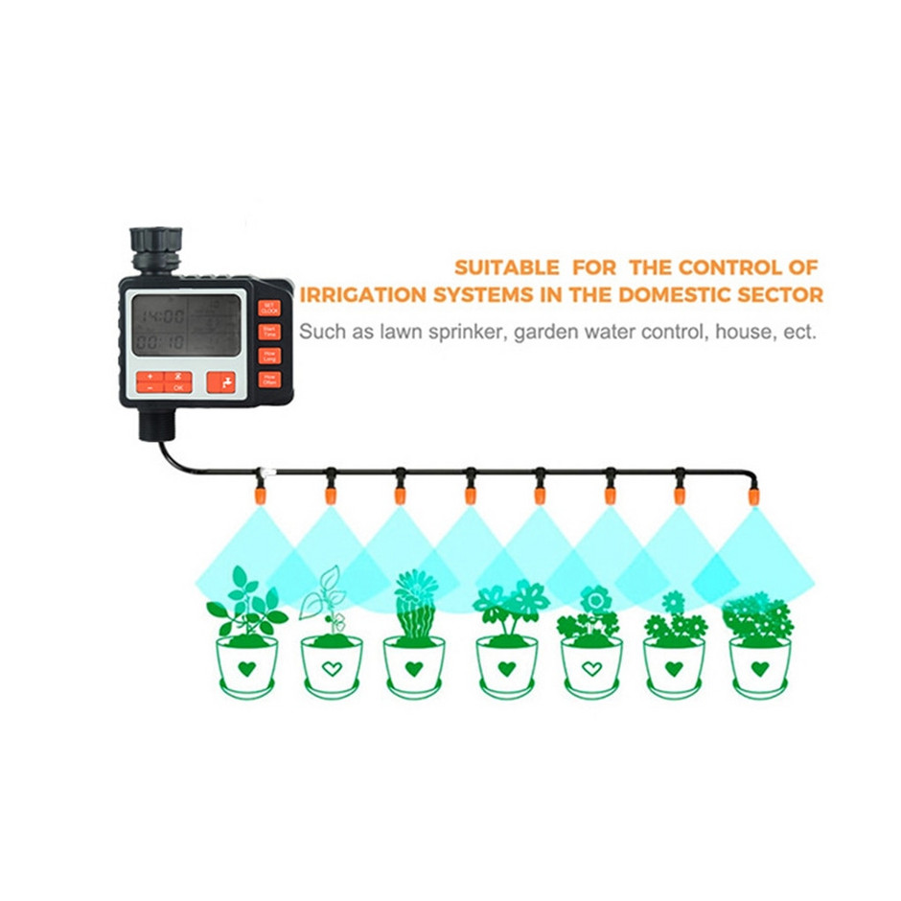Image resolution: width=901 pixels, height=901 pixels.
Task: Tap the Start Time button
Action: pos(269,332)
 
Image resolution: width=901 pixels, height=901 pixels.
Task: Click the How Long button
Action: pos(269,356)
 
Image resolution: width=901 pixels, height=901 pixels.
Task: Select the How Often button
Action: pos(269,379)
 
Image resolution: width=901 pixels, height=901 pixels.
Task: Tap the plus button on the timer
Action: pos(150,377)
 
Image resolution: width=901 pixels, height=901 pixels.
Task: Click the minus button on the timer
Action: pos(150,388)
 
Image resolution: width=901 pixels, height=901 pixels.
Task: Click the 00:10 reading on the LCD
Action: pos(160,340)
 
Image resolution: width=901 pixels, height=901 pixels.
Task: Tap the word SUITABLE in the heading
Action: pos(505,266)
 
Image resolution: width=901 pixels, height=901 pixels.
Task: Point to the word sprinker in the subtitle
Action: pos(449,334)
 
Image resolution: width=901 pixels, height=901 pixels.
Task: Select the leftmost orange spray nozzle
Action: pos(260,495)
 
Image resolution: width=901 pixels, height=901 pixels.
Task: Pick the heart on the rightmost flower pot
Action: pos(760,668)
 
